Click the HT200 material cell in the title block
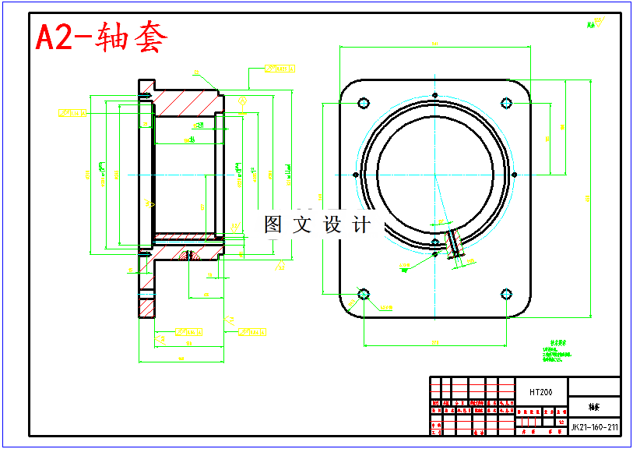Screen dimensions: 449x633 pyautogui.click(x=540, y=392)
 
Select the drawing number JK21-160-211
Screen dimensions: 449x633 pyautogui.click(x=595, y=427)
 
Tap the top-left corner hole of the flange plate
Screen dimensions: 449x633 pyautogui.click(x=363, y=103)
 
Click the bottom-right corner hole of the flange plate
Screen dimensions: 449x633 pyautogui.click(x=507, y=294)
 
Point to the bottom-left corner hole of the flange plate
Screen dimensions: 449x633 pyautogui.click(x=363, y=294)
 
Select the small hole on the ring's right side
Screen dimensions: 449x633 pyautogui.click(x=515, y=175)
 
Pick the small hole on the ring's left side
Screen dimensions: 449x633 pyautogui.click(x=355, y=175)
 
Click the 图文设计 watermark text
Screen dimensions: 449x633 pyautogui.click(x=318, y=225)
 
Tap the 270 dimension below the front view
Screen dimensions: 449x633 pyautogui.click(x=434, y=343)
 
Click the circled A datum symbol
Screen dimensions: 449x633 pyautogui.click(x=243, y=101)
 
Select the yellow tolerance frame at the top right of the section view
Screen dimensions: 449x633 pyautogui.click(x=281, y=69)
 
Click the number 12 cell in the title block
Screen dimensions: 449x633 pyautogui.click(x=561, y=421)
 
